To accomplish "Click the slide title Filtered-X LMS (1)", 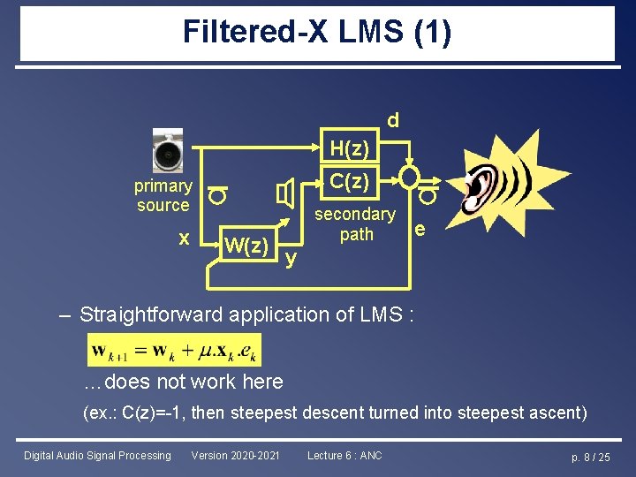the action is pyautogui.click(x=317, y=33).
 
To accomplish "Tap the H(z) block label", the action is pyautogui.click(x=349, y=148).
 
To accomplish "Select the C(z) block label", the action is pyautogui.click(x=349, y=181).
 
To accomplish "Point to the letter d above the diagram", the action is pyautogui.click(x=392, y=119).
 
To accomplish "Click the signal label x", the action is pyautogui.click(x=183, y=238).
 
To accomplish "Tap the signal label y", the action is pyautogui.click(x=291, y=258).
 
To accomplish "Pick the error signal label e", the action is pyautogui.click(x=420, y=231).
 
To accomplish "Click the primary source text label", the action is pyautogui.click(x=163, y=195).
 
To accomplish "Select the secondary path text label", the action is pyautogui.click(x=355, y=224).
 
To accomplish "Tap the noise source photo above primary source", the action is pyautogui.click(x=167, y=153).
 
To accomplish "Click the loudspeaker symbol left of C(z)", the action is pyautogui.click(x=285, y=193).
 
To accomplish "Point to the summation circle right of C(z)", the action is pyautogui.click(x=409, y=178).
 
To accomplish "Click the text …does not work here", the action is pyautogui.click(x=183, y=382).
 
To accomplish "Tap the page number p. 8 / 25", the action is pyautogui.click(x=591, y=457).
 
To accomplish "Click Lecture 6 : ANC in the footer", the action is pyautogui.click(x=344, y=456).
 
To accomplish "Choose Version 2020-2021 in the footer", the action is pyautogui.click(x=235, y=456).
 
